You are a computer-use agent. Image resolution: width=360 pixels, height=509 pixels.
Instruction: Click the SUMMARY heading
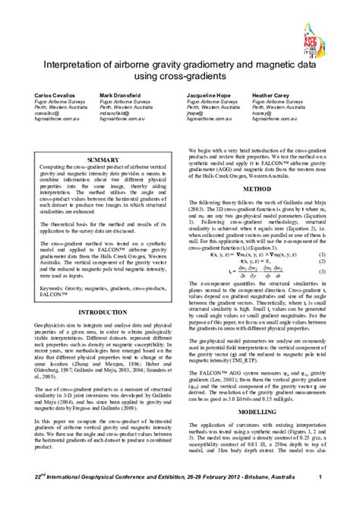tap(103, 160)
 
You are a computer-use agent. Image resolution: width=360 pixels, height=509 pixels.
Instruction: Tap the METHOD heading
tap(257, 188)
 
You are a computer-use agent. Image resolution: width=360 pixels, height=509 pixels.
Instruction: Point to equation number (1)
tap(322, 254)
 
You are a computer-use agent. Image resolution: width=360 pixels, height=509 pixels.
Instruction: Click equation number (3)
tap(322, 271)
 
